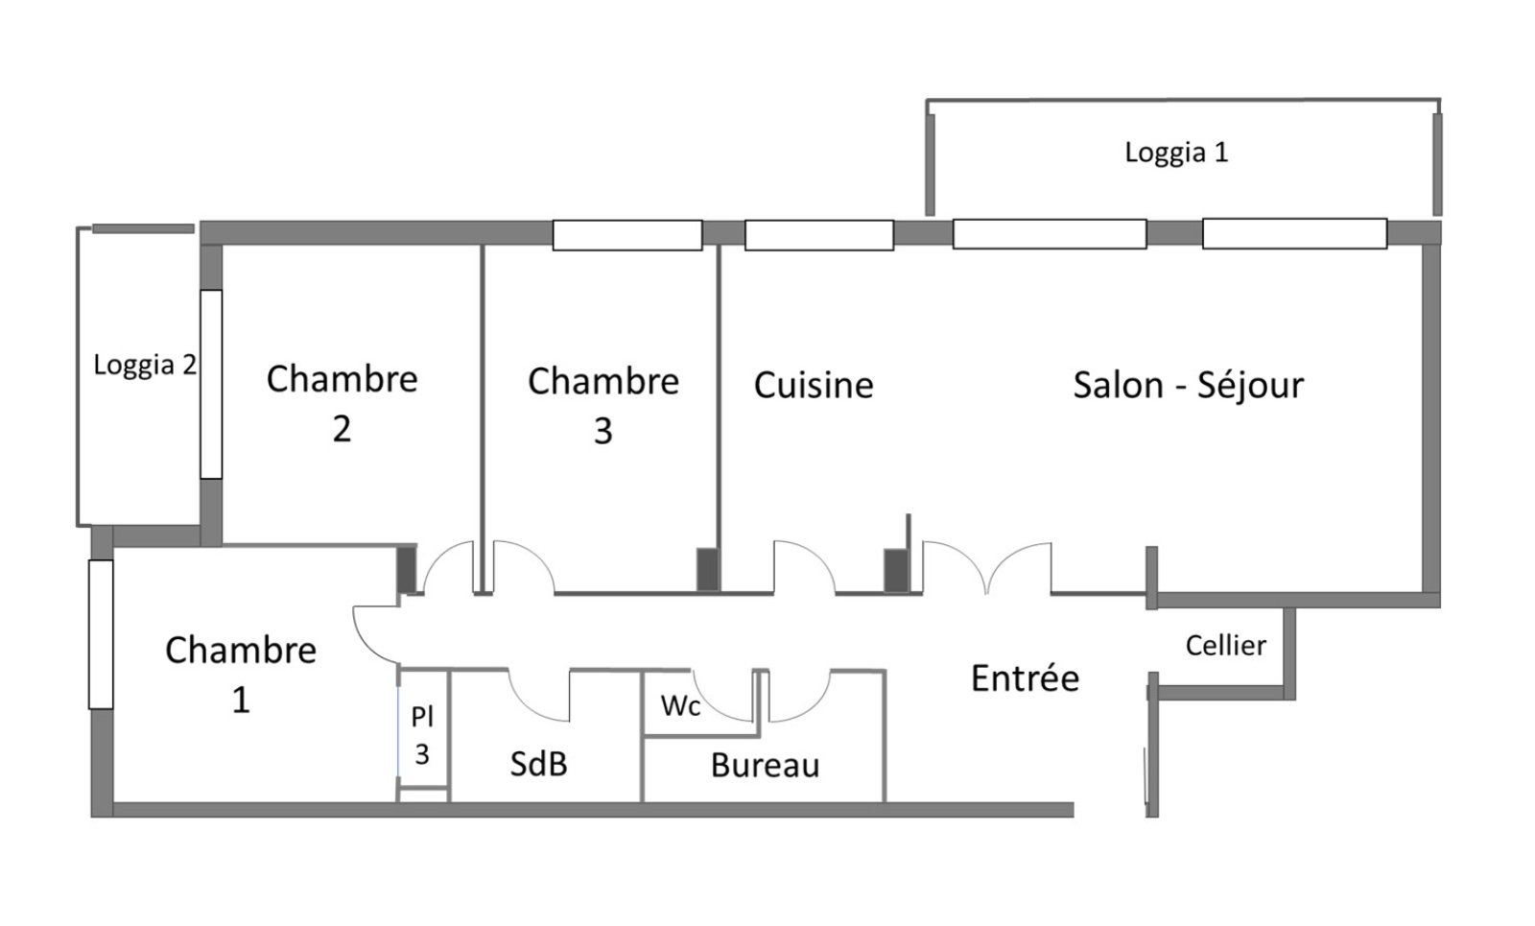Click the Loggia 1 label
(x=1176, y=153)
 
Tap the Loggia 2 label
(x=145, y=366)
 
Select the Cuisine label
(x=814, y=386)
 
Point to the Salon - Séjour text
(x=1189, y=385)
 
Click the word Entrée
(x=1025, y=678)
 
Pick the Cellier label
(x=1225, y=645)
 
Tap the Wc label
(x=680, y=706)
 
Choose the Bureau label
(x=765, y=766)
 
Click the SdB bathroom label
(x=538, y=764)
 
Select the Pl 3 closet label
(x=422, y=736)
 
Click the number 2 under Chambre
(x=342, y=429)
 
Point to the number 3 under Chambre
(x=602, y=432)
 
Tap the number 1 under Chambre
(x=241, y=700)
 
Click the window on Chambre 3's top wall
(x=627, y=236)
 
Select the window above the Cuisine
(x=819, y=236)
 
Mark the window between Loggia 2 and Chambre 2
(x=211, y=384)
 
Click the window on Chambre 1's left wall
(x=101, y=634)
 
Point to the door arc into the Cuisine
(x=805, y=567)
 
